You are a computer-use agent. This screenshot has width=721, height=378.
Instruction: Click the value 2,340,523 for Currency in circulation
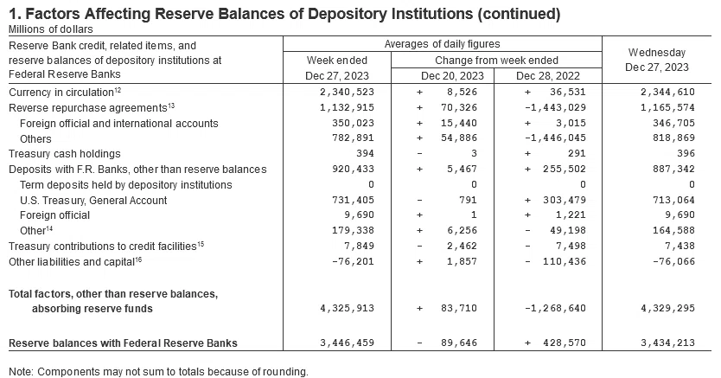[348, 92]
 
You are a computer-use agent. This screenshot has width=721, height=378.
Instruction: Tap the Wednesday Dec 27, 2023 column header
[657, 60]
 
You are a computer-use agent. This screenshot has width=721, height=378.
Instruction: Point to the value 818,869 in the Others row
[673, 138]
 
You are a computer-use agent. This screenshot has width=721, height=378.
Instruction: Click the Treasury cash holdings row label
[64, 154]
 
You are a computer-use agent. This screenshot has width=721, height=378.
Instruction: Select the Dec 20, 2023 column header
[452, 76]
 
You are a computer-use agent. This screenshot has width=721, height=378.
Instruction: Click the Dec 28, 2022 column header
[548, 76]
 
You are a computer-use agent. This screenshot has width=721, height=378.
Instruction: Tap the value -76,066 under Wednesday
[673, 261]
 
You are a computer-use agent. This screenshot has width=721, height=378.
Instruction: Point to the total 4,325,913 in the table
[348, 308]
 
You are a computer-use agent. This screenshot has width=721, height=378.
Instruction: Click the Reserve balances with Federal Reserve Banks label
[124, 343]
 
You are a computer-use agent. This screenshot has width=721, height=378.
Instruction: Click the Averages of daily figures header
[443, 44]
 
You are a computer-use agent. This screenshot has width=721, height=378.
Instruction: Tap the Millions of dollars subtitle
[51, 29]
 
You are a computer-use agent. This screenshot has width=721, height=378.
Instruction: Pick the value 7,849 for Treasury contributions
[359, 246]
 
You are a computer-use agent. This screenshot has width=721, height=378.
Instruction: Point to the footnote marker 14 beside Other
[49, 227]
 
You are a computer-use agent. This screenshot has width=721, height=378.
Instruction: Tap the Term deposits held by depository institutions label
[126, 185]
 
